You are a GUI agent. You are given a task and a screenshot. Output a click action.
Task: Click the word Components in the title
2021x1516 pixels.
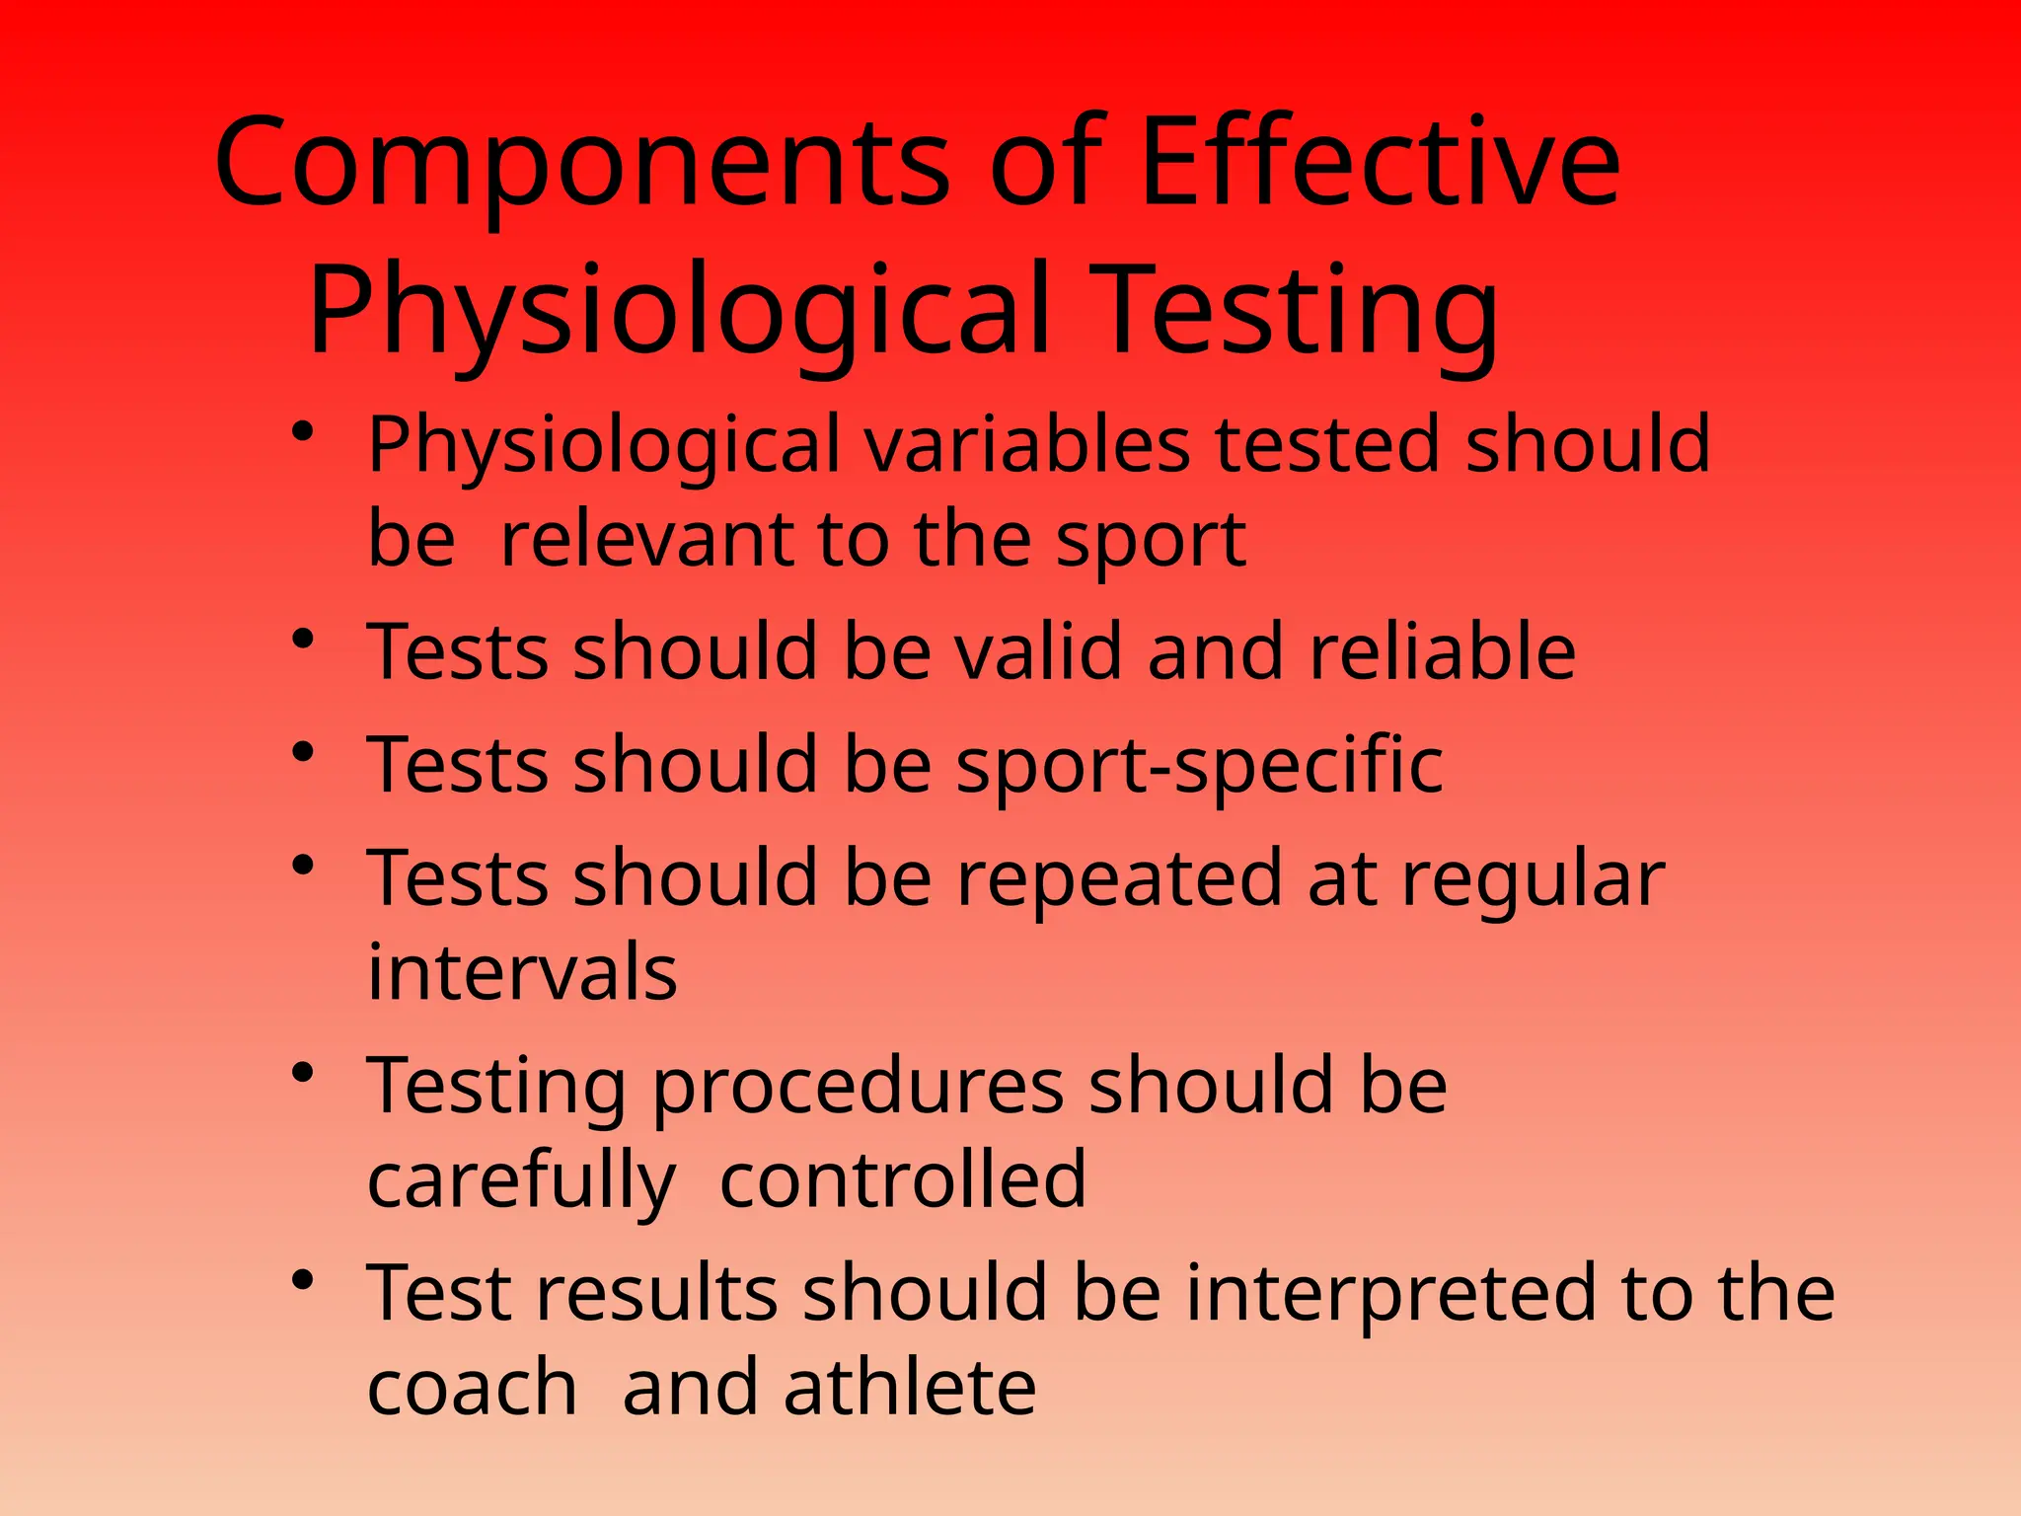(x=582, y=164)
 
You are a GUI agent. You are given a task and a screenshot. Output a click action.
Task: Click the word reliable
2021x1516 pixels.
(x=1442, y=651)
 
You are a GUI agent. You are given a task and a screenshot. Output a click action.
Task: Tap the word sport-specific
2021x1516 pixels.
(x=1199, y=766)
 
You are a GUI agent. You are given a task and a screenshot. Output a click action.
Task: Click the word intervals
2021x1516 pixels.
(x=522, y=972)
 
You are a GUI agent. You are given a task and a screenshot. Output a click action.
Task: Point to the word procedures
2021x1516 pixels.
(x=857, y=1086)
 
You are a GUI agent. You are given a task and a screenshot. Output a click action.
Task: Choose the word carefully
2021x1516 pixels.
(x=521, y=1180)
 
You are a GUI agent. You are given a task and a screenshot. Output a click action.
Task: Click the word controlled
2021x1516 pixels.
(x=903, y=1179)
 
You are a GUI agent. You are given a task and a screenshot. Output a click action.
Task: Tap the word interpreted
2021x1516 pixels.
(x=1390, y=1293)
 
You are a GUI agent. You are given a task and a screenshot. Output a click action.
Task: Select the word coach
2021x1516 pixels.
(x=472, y=1387)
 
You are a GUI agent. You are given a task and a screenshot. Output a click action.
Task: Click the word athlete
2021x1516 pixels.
(x=909, y=1387)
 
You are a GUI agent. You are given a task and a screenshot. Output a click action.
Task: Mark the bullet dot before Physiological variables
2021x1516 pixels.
(x=303, y=431)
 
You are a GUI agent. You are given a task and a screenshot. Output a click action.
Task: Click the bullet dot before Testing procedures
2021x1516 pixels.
(x=303, y=1073)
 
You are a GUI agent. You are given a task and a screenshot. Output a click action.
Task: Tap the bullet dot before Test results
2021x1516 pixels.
(x=303, y=1281)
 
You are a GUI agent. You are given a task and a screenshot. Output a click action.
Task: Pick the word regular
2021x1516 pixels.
(x=1534, y=880)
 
